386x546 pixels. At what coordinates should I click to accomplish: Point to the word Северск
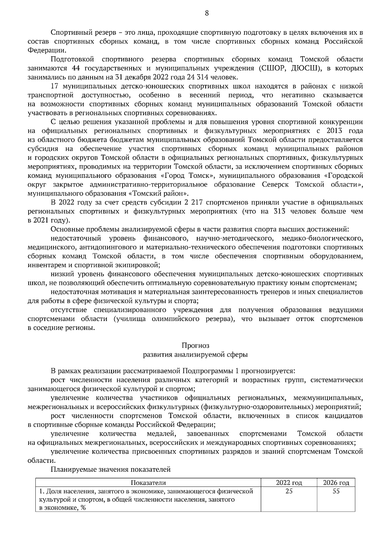click(273, 185)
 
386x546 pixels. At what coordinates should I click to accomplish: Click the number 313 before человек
click(280, 212)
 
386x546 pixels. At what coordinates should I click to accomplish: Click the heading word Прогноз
click(195, 346)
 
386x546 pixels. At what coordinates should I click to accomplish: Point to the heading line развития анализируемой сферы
click(195, 355)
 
